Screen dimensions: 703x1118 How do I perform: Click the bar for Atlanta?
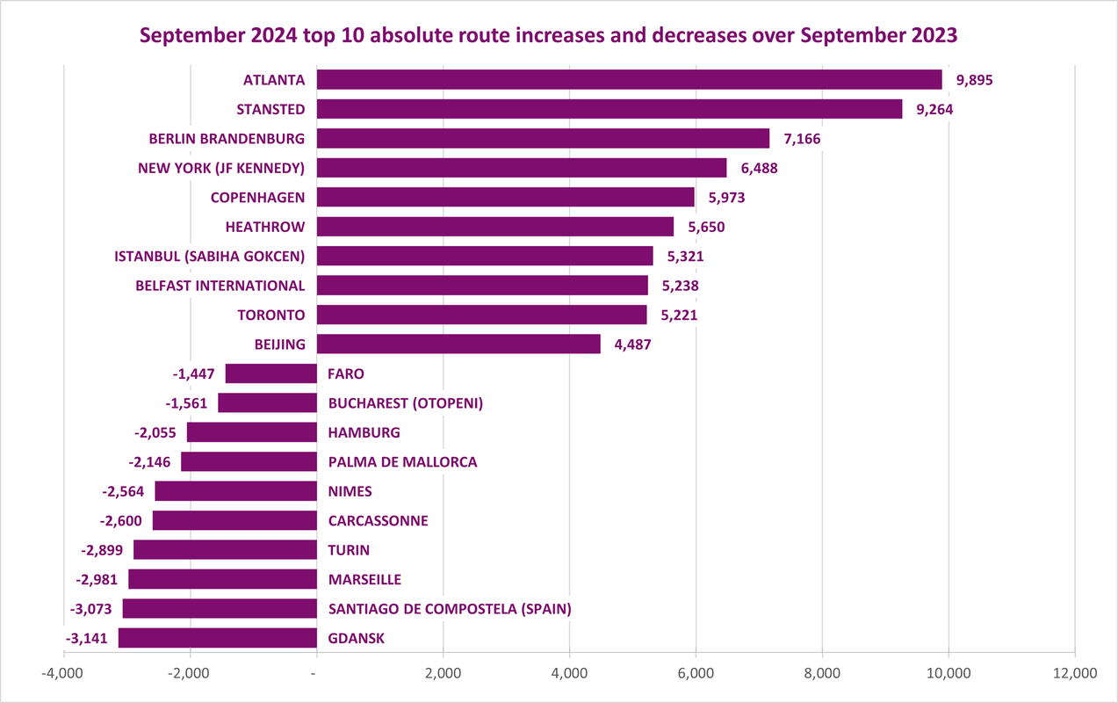tap(629, 80)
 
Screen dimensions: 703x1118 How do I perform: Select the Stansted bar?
tap(609, 109)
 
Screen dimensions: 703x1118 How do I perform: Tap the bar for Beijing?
tap(458, 344)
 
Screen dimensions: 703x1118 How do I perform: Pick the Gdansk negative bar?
tap(218, 638)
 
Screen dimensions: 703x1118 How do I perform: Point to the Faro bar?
tap(270, 373)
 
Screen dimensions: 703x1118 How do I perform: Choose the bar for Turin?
tap(225, 550)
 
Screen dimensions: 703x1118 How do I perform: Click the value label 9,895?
tap(975, 80)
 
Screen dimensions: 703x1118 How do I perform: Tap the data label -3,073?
tap(90, 609)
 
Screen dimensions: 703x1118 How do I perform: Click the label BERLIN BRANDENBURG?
tap(227, 139)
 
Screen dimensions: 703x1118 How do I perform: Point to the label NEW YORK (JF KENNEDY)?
tap(221, 168)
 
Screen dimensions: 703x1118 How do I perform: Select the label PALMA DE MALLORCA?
tap(402, 461)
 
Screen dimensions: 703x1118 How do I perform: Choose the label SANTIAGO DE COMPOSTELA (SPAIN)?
tap(450, 609)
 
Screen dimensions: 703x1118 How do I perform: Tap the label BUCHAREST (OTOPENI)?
tap(406, 403)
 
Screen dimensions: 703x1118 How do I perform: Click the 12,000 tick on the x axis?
tap(1074, 673)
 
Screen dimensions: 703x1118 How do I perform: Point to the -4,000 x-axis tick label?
tap(63, 673)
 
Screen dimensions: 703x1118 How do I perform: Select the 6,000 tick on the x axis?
tap(696, 673)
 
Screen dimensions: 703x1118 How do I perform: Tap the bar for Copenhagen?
tap(505, 197)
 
